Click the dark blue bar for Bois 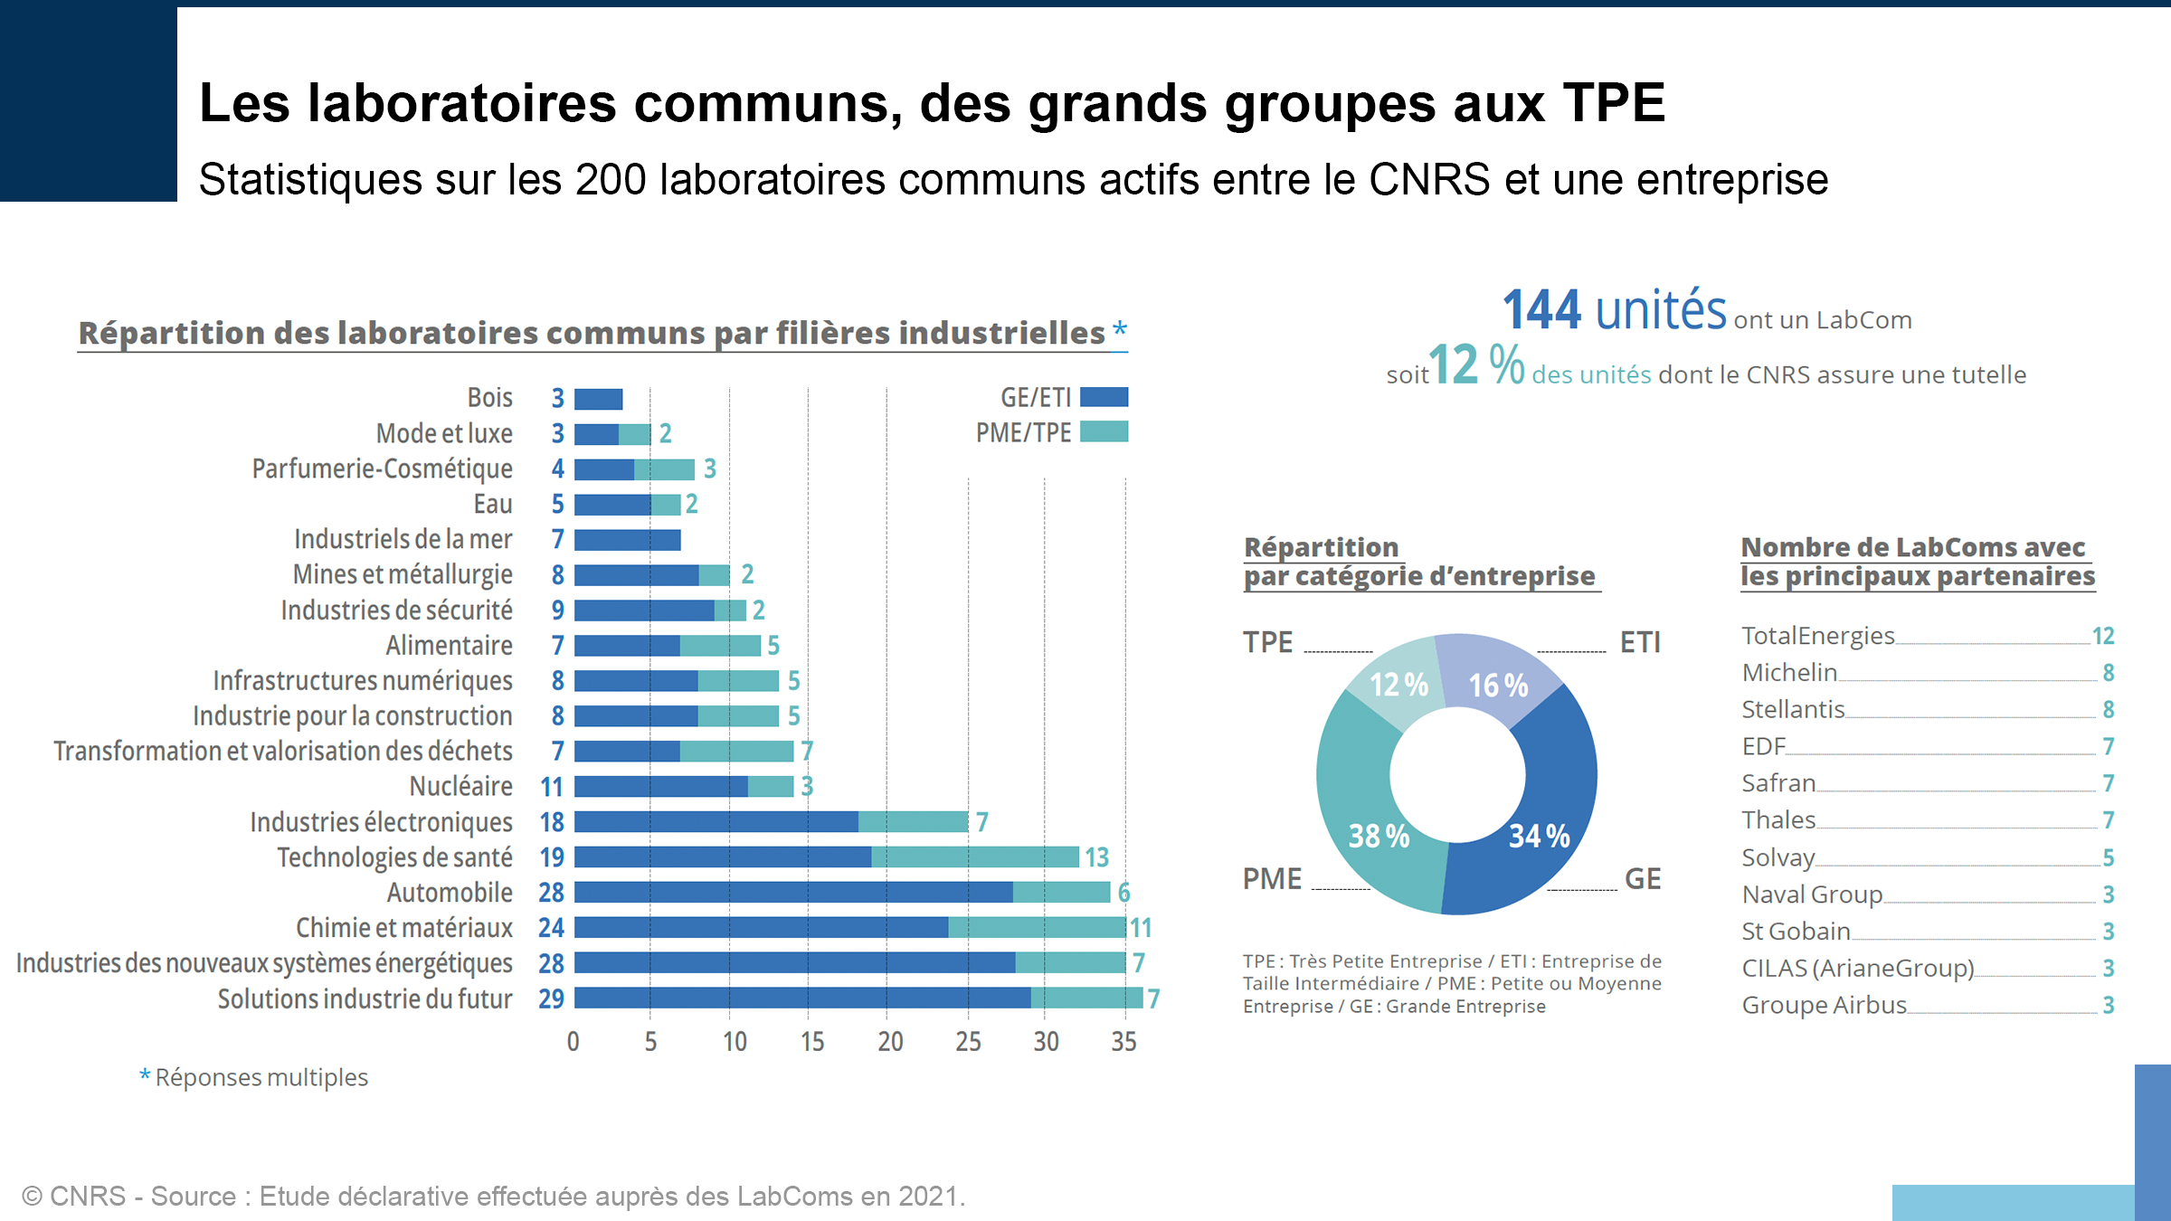click(598, 399)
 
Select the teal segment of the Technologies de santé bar click(974, 857)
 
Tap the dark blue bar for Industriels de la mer click(627, 540)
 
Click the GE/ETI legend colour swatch click(1104, 397)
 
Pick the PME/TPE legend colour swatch click(1104, 431)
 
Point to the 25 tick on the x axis click(968, 1042)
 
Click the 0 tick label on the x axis click(573, 1042)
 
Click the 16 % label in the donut click(1498, 686)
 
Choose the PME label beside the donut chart click(1272, 879)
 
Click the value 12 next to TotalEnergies click(2103, 637)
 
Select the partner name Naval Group click(1812, 894)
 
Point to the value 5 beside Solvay click(2108, 857)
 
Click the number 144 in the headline click(1541, 310)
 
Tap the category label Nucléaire click(460, 786)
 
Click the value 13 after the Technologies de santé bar click(1096, 857)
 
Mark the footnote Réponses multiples click(261, 1077)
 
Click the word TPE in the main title click(1614, 102)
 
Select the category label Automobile click(450, 893)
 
